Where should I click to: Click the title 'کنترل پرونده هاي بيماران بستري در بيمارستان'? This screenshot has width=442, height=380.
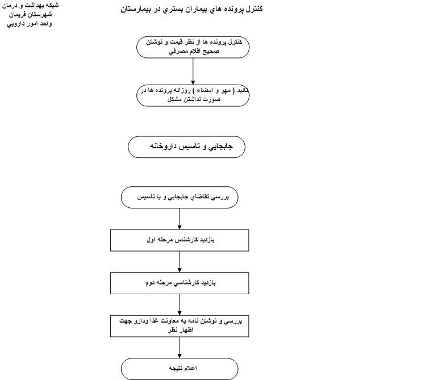pos(192,9)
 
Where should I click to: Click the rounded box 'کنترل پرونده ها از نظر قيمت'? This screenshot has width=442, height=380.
pos(193,47)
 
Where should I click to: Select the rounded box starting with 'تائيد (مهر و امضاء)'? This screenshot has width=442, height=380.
pos(193,95)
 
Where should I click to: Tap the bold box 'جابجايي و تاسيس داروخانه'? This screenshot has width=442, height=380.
pos(186,147)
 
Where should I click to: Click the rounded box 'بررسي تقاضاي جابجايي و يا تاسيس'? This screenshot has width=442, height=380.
pos(180,198)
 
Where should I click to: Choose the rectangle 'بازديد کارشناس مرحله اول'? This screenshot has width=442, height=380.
pos(180,240)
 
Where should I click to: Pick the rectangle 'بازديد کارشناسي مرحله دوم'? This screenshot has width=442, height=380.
pos(180,283)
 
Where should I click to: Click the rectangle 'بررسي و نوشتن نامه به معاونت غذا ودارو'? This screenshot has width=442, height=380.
pos(180,325)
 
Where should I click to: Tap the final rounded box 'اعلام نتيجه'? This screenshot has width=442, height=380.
pos(180,369)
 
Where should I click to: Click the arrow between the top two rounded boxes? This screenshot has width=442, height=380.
pos(193,71)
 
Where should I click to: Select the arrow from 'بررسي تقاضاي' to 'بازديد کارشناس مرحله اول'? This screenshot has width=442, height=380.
pos(180,219)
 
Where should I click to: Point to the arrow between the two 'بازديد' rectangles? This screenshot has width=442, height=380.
pos(180,262)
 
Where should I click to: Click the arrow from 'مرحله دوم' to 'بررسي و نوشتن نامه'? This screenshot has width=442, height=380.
pos(180,304)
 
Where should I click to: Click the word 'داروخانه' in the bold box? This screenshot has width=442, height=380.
pos(164,147)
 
